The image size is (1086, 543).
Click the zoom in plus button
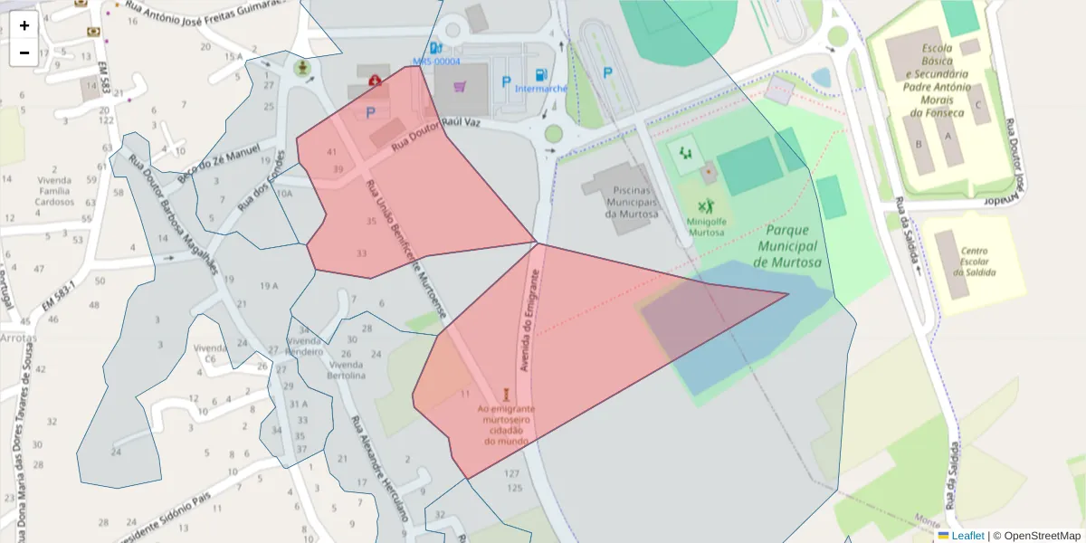tap(24, 25)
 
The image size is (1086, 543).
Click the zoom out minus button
tap(24, 52)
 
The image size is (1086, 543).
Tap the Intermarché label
tap(541, 89)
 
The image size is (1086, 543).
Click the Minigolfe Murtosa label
tap(707, 225)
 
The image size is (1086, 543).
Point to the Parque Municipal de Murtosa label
tap(786, 246)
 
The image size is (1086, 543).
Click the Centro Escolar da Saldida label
tap(974, 262)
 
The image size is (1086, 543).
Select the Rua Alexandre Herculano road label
tap(379, 468)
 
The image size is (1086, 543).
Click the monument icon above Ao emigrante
tap(507, 395)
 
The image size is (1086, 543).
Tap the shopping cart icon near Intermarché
tap(461, 87)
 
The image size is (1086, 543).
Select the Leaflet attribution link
tap(967, 536)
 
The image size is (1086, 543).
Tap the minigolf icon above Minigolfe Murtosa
tap(706, 205)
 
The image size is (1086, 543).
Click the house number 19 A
tap(269, 286)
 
